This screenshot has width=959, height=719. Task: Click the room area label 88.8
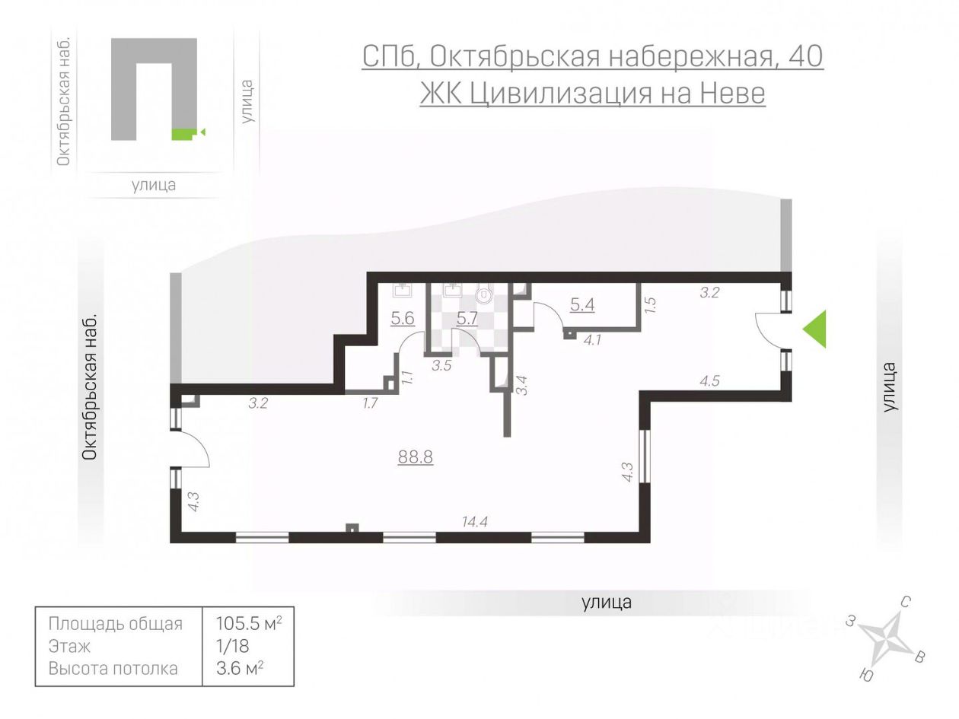[416, 457]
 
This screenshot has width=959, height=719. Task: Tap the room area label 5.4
[582, 305]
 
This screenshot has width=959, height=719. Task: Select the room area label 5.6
[402, 318]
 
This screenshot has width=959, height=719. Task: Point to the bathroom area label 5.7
[467, 318]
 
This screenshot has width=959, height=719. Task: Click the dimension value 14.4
[474, 521]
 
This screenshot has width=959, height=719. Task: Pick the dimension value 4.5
[709, 381]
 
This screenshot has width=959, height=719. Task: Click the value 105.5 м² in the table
[249, 624]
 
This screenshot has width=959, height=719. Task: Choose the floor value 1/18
[230, 646]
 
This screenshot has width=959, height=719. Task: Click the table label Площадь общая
[116, 624]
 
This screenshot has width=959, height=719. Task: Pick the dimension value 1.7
[370, 403]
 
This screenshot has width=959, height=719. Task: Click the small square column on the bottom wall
[352, 528]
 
